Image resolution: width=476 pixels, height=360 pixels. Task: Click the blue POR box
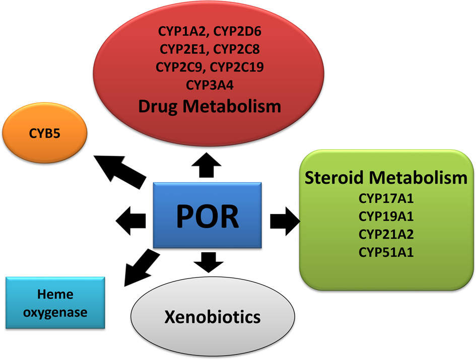click(208, 215)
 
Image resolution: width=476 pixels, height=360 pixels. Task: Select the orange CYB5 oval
click(44, 134)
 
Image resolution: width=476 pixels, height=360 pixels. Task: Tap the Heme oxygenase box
click(55, 303)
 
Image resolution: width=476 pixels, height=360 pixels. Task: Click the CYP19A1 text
click(386, 217)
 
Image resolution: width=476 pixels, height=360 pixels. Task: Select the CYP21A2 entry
click(386, 234)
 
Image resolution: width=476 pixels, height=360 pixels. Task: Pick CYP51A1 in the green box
click(386, 252)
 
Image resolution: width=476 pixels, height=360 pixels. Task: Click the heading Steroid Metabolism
click(386, 177)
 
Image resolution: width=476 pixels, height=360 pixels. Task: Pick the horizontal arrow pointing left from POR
click(132, 221)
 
